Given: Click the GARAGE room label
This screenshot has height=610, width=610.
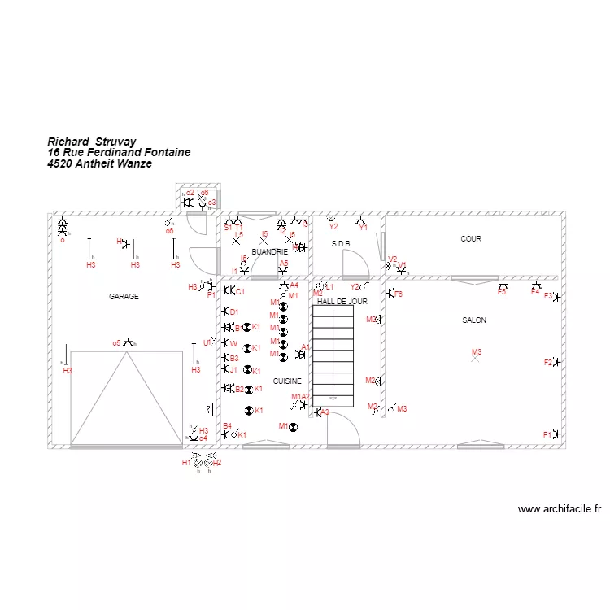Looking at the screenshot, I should click(124, 297).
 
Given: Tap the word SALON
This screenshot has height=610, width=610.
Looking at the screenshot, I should click(474, 320).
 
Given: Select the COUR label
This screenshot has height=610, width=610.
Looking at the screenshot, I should click(471, 239).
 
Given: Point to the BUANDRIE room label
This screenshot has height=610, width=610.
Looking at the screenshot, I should click(269, 252).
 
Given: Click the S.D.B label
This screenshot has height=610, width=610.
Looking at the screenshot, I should click(341, 244).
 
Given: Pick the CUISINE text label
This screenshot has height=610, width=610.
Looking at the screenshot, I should click(287, 381).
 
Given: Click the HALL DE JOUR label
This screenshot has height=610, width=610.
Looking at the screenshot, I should click(342, 301).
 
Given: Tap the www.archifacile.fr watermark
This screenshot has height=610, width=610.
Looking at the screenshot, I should click(560, 509).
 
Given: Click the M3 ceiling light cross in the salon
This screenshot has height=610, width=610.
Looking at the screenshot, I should click(476, 359).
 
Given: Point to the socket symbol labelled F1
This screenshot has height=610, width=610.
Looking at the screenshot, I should click(557, 434).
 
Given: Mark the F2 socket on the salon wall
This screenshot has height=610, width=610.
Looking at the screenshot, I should click(557, 362).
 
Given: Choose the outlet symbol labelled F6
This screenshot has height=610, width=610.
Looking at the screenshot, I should click(390, 294).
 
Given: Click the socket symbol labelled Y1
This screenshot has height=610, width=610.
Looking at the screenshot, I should click(360, 220).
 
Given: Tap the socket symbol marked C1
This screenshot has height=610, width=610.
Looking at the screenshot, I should click(229, 290).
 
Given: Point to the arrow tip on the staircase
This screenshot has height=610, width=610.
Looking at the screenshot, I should click(333, 399).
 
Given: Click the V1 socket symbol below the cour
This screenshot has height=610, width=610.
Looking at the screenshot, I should click(400, 268).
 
